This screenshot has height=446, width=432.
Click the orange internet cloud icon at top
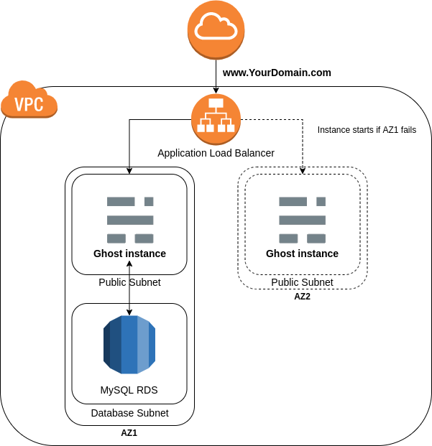pyautogui.click(x=216, y=29)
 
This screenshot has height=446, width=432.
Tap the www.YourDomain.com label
pyautogui.click(x=277, y=73)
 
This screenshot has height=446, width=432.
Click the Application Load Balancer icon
pyautogui.click(x=216, y=119)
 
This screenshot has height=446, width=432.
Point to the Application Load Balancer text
pyautogui.click(x=216, y=153)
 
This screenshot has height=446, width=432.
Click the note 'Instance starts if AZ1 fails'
pyautogui.click(x=367, y=130)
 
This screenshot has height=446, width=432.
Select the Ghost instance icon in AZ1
pyautogui.click(x=130, y=219)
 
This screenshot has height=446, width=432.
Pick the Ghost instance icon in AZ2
pyautogui.click(x=302, y=219)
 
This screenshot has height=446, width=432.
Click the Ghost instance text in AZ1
pyautogui.click(x=129, y=254)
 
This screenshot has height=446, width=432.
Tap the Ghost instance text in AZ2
pyautogui.click(x=302, y=254)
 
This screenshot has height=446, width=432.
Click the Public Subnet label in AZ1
pyautogui.click(x=129, y=282)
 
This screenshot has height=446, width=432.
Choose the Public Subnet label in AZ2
pyautogui.click(x=302, y=282)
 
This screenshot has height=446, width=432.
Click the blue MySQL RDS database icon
pyautogui.click(x=129, y=345)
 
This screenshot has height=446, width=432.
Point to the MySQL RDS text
pyautogui.click(x=129, y=391)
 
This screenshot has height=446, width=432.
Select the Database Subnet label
pyautogui.click(x=129, y=413)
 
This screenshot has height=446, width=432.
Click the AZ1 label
pyautogui.click(x=129, y=433)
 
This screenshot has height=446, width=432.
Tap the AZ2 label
pyautogui.click(x=302, y=297)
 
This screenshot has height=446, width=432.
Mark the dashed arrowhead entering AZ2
pyautogui.click(x=303, y=170)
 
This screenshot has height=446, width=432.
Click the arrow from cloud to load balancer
pyautogui.click(x=216, y=75)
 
